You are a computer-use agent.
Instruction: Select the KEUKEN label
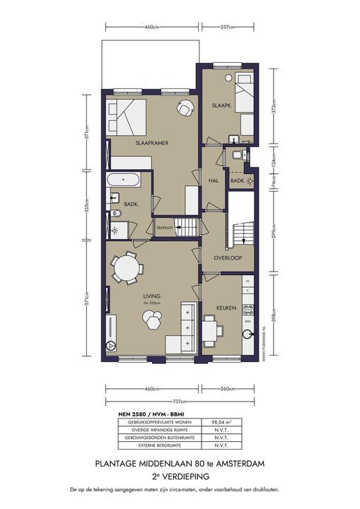tap(216, 309)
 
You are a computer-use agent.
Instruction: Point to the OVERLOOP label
tap(228, 258)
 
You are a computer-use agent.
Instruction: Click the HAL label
tap(213, 181)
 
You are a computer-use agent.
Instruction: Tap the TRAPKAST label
tap(165, 228)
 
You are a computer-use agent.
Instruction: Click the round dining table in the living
tap(128, 269)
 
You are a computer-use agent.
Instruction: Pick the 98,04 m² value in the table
tap(214, 422)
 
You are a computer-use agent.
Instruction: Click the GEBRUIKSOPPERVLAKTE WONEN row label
tap(152, 422)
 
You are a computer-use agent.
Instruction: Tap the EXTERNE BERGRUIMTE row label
tap(152, 445)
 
